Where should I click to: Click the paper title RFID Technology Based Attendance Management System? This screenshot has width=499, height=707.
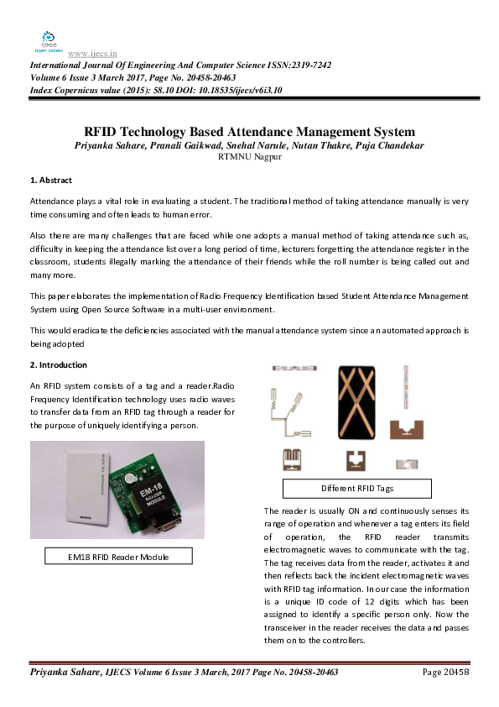click(249, 132)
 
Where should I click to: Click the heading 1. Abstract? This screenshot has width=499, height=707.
click(51, 181)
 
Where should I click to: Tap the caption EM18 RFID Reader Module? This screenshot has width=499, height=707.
click(118, 556)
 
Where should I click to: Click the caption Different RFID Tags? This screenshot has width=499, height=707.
click(356, 488)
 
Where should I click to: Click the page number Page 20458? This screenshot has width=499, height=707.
click(444, 673)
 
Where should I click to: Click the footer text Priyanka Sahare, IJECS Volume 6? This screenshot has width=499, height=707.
click(117, 673)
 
